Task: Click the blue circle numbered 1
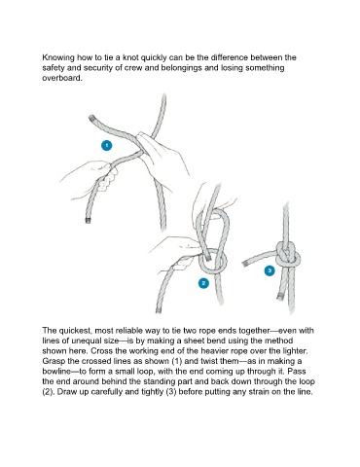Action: pyautogui.click(x=106, y=145)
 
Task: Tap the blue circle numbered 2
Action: pyautogui.click(x=203, y=283)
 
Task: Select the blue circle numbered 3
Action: pyautogui.click(x=270, y=270)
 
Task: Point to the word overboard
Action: pyautogui.click(x=61, y=78)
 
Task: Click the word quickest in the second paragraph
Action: pyautogui.click(x=75, y=331)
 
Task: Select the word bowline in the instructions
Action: pyautogui.click(x=55, y=372)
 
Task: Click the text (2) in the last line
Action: pyautogui.click(x=48, y=392)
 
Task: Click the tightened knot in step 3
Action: pyautogui.click(x=288, y=255)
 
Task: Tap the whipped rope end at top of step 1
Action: pyautogui.click(x=91, y=118)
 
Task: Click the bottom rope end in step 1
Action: pyautogui.click(x=88, y=221)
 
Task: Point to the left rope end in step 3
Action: pyautogui.click(x=245, y=264)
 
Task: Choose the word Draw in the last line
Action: pyautogui.click(x=65, y=392)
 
